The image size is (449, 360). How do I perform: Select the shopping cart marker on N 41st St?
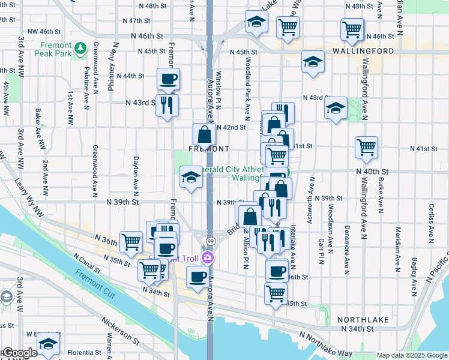pyautogui.click(x=366, y=147)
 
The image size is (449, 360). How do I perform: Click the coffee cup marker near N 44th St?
pyautogui.click(x=168, y=79)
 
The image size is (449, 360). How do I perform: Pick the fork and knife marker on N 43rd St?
pyautogui.click(x=167, y=105)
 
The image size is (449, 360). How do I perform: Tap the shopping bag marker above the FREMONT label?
pyautogui.click(x=204, y=134)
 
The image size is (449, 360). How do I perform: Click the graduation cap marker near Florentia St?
pyautogui.click(x=48, y=344)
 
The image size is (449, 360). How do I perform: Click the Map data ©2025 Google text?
pyautogui.click(x=412, y=355)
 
